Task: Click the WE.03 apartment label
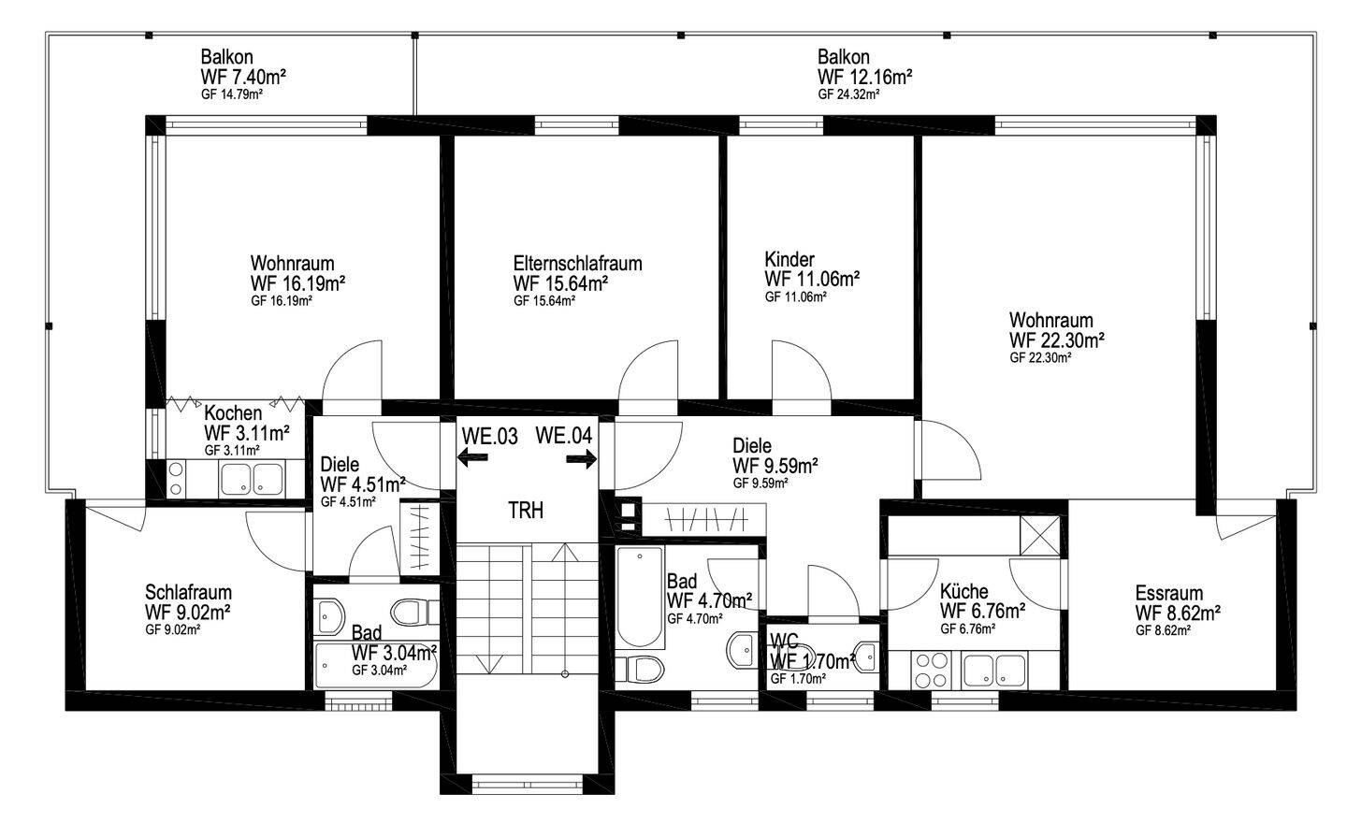489,437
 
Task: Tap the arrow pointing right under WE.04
582,460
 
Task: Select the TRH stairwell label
526,511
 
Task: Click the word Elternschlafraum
577,264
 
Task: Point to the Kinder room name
789,259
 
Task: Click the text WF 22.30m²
1057,340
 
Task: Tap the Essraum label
1169,593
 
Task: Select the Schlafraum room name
188,592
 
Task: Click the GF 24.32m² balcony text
848,94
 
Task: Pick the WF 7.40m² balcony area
243,77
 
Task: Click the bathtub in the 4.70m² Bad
639,596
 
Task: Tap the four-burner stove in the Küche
931,671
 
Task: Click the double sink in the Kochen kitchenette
252,479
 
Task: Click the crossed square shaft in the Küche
1040,535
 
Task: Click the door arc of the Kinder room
811,359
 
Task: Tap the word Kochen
233,413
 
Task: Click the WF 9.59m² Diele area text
775,466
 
